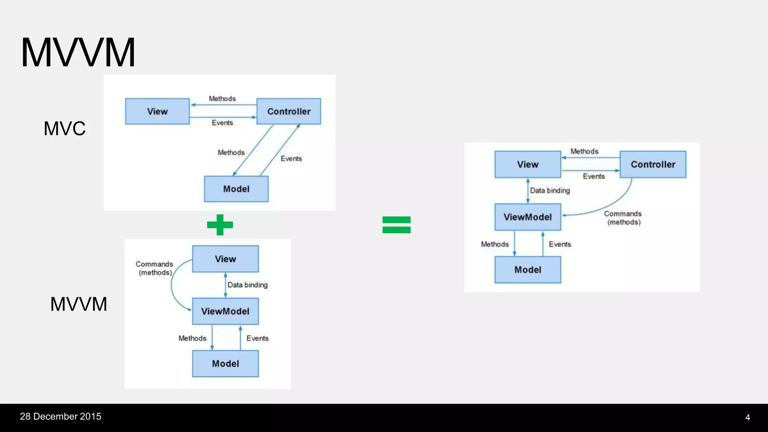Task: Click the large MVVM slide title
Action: pos(78,52)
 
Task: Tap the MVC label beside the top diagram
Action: pos(64,129)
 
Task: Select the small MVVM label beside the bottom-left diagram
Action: pos(79,304)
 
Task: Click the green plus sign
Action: pos(220,225)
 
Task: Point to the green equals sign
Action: pos(396,225)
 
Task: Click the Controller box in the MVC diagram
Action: pos(289,111)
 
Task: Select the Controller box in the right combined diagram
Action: pos(653,164)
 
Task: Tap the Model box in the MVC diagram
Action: pos(236,189)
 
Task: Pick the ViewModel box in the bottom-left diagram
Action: pos(225,311)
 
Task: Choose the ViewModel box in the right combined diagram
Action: pos(528,217)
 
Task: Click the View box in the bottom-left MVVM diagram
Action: pos(225,259)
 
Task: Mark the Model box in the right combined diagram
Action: pos(528,270)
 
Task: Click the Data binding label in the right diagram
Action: pos(550,190)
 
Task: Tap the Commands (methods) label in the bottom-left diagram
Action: pos(154,268)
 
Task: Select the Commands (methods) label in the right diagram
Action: pos(623,218)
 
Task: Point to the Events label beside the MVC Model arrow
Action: pos(291,159)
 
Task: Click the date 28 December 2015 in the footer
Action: pos(60,417)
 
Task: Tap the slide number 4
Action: pos(747,417)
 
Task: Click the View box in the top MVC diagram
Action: pos(157,111)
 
